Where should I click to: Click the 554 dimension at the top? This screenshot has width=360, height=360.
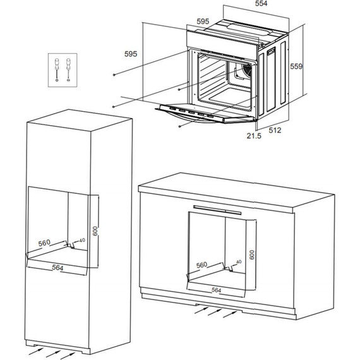pyautogui.click(x=261, y=3)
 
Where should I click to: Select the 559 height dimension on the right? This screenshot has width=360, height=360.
pyautogui.click(x=296, y=66)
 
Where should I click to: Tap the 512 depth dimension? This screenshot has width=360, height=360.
pyautogui.click(x=275, y=130)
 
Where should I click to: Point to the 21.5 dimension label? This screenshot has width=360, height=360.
pyautogui.click(x=254, y=136)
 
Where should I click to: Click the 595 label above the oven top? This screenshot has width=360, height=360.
pyautogui.click(x=203, y=21)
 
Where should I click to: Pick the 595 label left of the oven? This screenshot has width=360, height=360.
pyautogui.click(x=131, y=54)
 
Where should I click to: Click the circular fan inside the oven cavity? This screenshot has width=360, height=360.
pyautogui.click(x=248, y=69)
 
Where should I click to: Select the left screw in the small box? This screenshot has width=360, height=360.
pyautogui.click(x=57, y=69)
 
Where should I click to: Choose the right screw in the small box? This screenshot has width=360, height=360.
pyautogui.click(x=68, y=69)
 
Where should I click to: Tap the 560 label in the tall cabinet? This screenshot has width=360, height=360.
pyautogui.click(x=44, y=243)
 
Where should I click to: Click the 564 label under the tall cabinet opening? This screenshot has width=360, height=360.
pyautogui.click(x=57, y=268)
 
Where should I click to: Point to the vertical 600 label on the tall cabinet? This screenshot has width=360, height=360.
pyautogui.click(x=95, y=231)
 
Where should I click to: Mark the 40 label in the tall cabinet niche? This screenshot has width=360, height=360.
pyautogui.click(x=82, y=240)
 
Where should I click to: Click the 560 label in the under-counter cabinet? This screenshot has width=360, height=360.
pyautogui.click(x=201, y=265)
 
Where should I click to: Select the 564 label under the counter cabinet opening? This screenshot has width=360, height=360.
pyautogui.click(x=216, y=290)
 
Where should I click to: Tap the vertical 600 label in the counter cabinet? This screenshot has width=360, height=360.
pyautogui.click(x=252, y=255)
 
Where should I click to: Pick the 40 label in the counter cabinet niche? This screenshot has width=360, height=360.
pyautogui.click(x=239, y=261)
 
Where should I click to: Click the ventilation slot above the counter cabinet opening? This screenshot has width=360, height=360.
pyautogui.click(x=217, y=210)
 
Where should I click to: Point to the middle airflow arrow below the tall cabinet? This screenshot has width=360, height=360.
pyautogui.click(x=54, y=354)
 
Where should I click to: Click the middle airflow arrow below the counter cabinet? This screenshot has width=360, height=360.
pyautogui.click(x=215, y=312)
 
